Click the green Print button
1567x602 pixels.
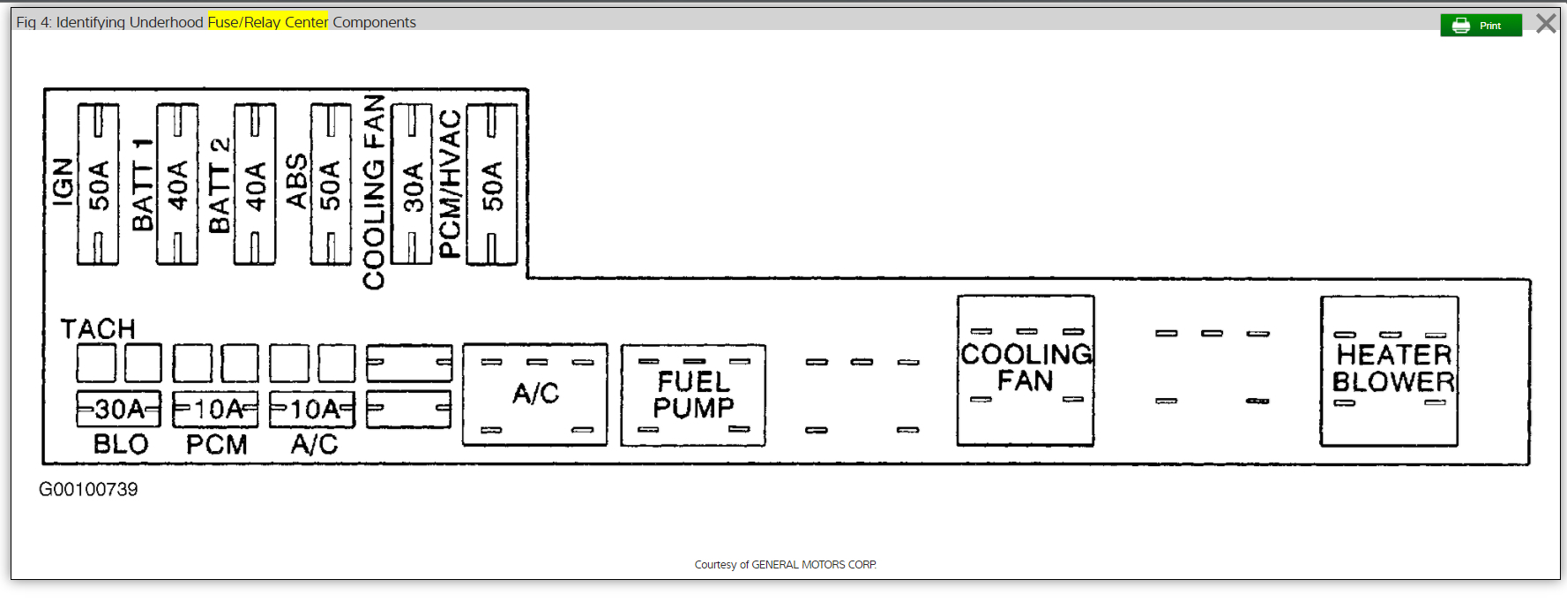point(1481,26)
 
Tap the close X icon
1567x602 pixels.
point(1546,24)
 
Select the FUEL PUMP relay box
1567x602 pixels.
point(693,395)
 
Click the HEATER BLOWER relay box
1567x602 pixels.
point(1389,371)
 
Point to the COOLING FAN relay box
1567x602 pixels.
point(1026,371)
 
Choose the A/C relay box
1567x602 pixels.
point(535,395)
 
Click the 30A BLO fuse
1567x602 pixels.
point(119,410)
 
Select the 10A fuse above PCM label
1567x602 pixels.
point(216,410)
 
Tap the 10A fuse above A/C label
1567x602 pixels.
point(312,410)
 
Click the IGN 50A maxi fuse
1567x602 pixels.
point(98,184)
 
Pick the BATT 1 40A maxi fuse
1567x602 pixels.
point(177,184)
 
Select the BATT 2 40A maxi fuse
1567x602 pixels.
point(255,184)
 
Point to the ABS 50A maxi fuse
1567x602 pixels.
point(331,184)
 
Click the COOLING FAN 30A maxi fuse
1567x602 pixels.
point(412,184)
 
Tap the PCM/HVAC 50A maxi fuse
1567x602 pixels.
point(491,184)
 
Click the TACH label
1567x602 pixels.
point(98,329)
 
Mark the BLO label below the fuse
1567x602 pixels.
point(121,445)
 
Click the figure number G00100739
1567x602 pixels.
point(88,490)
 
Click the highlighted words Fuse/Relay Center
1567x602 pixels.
point(268,22)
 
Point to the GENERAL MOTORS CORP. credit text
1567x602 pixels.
point(813,565)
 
